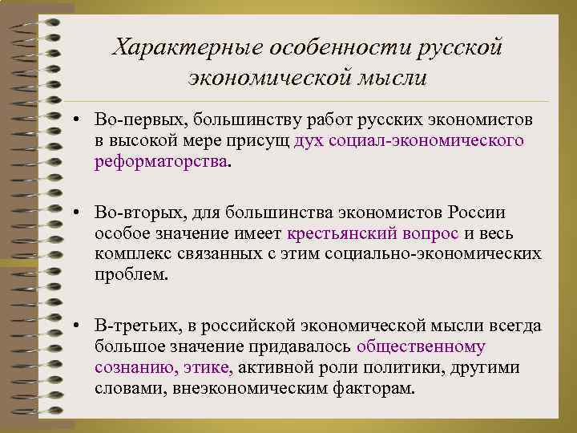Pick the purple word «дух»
pos(309,140)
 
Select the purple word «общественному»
pos(421,346)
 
